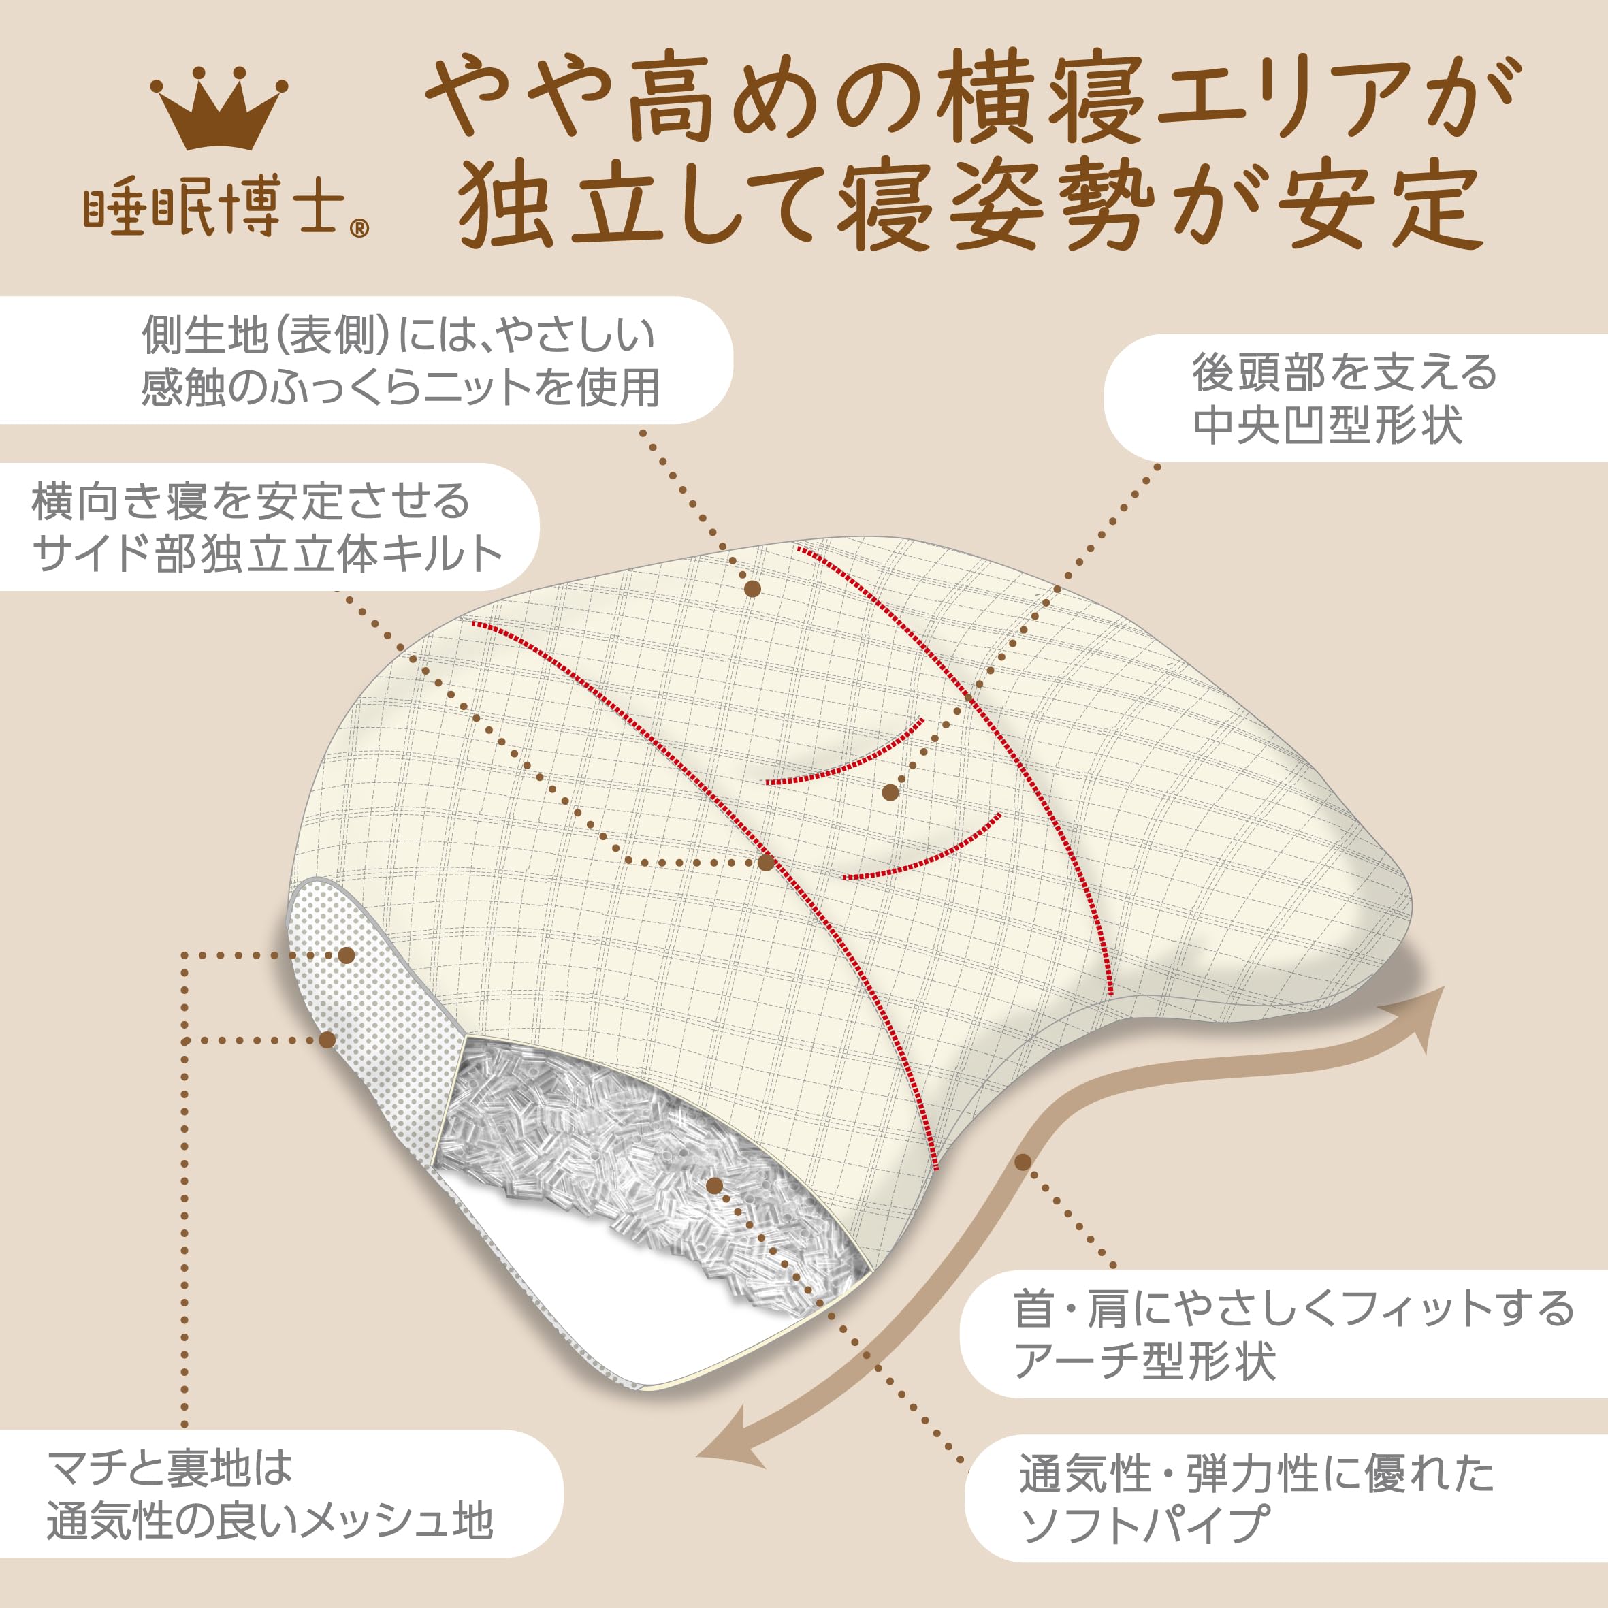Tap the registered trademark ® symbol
(x=359, y=227)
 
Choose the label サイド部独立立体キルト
(x=266, y=554)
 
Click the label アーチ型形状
(x=1144, y=1362)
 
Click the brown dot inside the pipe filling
(x=713, y=1185)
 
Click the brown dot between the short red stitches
(x=890, y=792)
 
